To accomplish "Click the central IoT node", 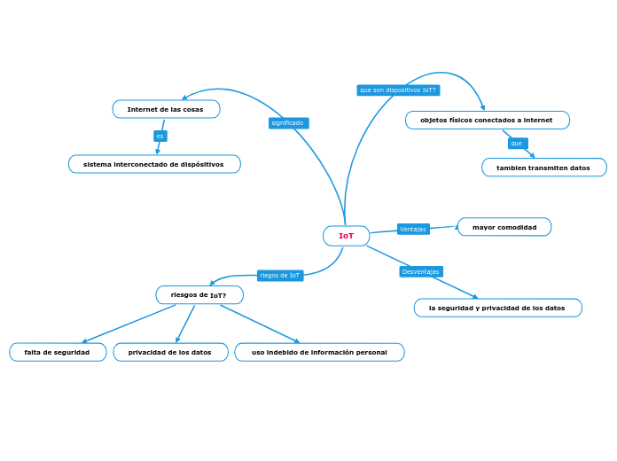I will click(x=346, y=236).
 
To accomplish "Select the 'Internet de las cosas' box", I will click(x=166, y=109).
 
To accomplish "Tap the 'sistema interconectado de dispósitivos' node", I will click(x=154, y=164).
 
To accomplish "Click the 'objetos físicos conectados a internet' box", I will click(x=487, y=120).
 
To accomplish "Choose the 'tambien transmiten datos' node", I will click(x=543, y=168).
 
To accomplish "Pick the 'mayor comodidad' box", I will click(x=504, y=227).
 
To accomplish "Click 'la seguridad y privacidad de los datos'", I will click(x=497, y=308).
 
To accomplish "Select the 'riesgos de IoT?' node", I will click(x=199, y=295).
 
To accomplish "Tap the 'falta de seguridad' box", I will click(x=58, y=352).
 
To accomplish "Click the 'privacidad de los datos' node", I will click(x=170, y=352).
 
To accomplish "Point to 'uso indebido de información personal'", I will click(x=319, y=352).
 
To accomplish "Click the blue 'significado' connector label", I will click(x=288, y=123).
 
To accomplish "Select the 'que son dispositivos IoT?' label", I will click(x=398, y=90).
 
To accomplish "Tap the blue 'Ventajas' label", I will click(x=413, y=229).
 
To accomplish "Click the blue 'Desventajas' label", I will click(x=421, y=271).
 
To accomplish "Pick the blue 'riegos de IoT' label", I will click(x=280, y=276).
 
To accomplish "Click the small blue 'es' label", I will click(x=160, y=137).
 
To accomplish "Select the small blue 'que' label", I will click(x=517, y=144).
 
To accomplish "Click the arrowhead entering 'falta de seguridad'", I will click(x=84, y=341).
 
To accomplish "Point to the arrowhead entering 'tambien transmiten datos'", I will click(x=532, y=155).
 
